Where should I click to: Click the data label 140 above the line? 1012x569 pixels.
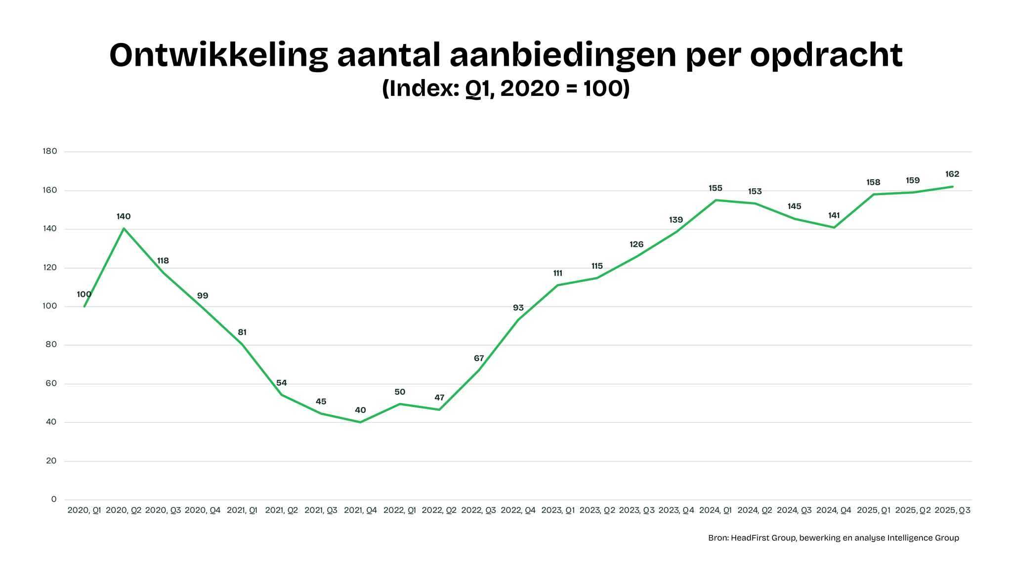point(124,216)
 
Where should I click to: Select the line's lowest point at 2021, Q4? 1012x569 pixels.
point(360,422)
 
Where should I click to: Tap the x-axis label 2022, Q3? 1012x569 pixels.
point(478,510)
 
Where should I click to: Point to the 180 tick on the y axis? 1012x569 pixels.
point(50,151)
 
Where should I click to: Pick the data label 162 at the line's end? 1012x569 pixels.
point(952,174)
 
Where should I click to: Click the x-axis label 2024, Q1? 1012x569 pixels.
point(715,510)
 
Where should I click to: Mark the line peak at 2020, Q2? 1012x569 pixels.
point(124,228)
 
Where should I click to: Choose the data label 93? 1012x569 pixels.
point(518,308)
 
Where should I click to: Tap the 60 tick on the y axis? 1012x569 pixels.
point(51,383)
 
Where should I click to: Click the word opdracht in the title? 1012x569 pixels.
point(826,55)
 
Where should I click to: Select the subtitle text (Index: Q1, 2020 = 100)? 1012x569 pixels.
point(506,89)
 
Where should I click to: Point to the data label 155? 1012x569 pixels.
point(715,188)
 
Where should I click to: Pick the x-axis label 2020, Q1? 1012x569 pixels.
point(84,510)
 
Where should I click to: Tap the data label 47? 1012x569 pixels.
point(439,398)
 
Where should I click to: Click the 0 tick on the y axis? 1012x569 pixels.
point(54,499)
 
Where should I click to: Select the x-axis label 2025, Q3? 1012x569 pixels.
point(952,510)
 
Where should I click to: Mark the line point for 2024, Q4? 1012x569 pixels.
point(834,228)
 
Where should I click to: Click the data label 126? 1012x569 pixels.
point(636,244)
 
